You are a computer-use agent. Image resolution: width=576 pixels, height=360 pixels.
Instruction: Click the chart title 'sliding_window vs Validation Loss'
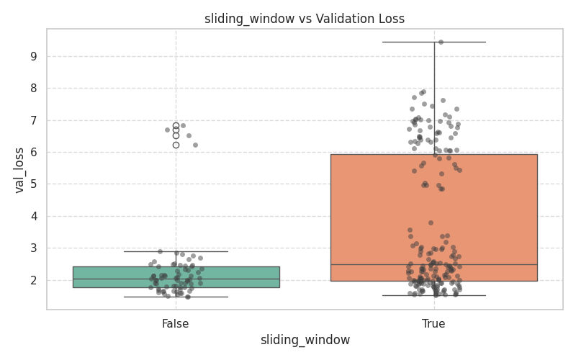pos(305,19)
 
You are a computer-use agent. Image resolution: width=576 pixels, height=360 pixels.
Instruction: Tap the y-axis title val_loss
pos(19,170)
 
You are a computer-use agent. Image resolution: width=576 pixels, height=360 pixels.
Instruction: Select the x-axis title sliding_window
pos(305,340)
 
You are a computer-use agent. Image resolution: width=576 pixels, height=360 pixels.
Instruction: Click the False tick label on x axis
pos(176,324)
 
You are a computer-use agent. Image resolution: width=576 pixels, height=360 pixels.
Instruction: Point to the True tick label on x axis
pos(433,324)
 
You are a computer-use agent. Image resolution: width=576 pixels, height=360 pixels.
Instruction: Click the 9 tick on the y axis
pos(34,56)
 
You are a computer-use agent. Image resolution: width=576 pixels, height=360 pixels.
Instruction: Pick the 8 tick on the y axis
pos(34,89)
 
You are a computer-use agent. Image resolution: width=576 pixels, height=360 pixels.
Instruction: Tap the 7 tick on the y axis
pos(34,120)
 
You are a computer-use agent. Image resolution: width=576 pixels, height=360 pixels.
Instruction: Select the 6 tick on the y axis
pos(34,153)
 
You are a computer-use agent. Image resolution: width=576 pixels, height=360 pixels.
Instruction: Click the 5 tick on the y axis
pos(34,184)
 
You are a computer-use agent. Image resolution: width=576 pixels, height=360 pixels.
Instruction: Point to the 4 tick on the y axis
pos(34,216)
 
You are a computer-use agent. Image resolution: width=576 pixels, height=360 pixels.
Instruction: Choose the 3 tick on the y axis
pos(34,248)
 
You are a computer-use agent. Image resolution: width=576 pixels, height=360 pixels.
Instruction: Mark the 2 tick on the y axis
pos(34,280)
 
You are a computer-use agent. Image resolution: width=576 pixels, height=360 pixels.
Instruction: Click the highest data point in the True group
pos(441,42)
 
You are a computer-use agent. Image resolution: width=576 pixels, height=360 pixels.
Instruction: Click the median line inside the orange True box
pos(490,264)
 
